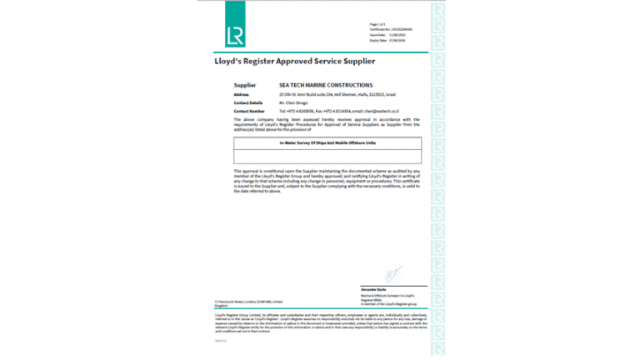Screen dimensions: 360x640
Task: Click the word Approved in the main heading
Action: pyautogui.click(x=293, y=62)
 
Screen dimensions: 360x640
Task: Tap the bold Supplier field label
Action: pyautogui.click(x=245, y=85)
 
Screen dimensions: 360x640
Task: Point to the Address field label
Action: pyautogui.click(x=242, y=94)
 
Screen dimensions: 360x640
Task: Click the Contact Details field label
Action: pyautogui.click(x=247, y=102)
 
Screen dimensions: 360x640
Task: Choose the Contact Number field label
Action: pyautogui.click(x=248, y=110)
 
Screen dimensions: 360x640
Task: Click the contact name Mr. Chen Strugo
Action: pyautogui.click(x=295, y=102)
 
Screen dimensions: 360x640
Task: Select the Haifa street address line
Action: pyautogui.click(x=332, y=94)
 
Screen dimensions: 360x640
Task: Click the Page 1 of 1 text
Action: pyautogui.click(x=377, y=24)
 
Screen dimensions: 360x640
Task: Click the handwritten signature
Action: pyautogui.click(x=392, y=273)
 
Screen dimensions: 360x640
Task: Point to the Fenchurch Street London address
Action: pyautogui.click(x=248, y=303)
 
